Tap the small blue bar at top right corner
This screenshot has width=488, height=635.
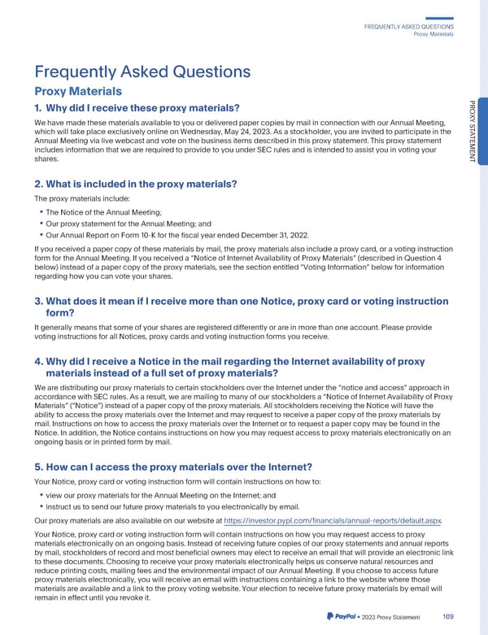[x=438, y=19]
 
